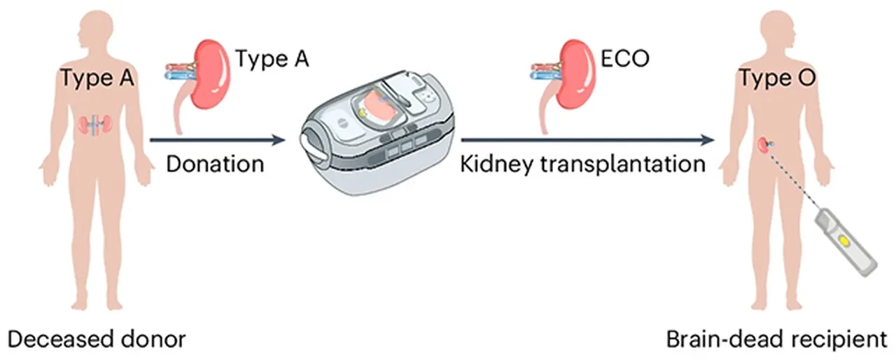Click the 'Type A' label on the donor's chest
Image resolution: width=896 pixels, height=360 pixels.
97,79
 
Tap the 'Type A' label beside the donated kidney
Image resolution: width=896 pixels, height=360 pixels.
272,60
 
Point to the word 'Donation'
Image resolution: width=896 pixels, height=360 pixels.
214,165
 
